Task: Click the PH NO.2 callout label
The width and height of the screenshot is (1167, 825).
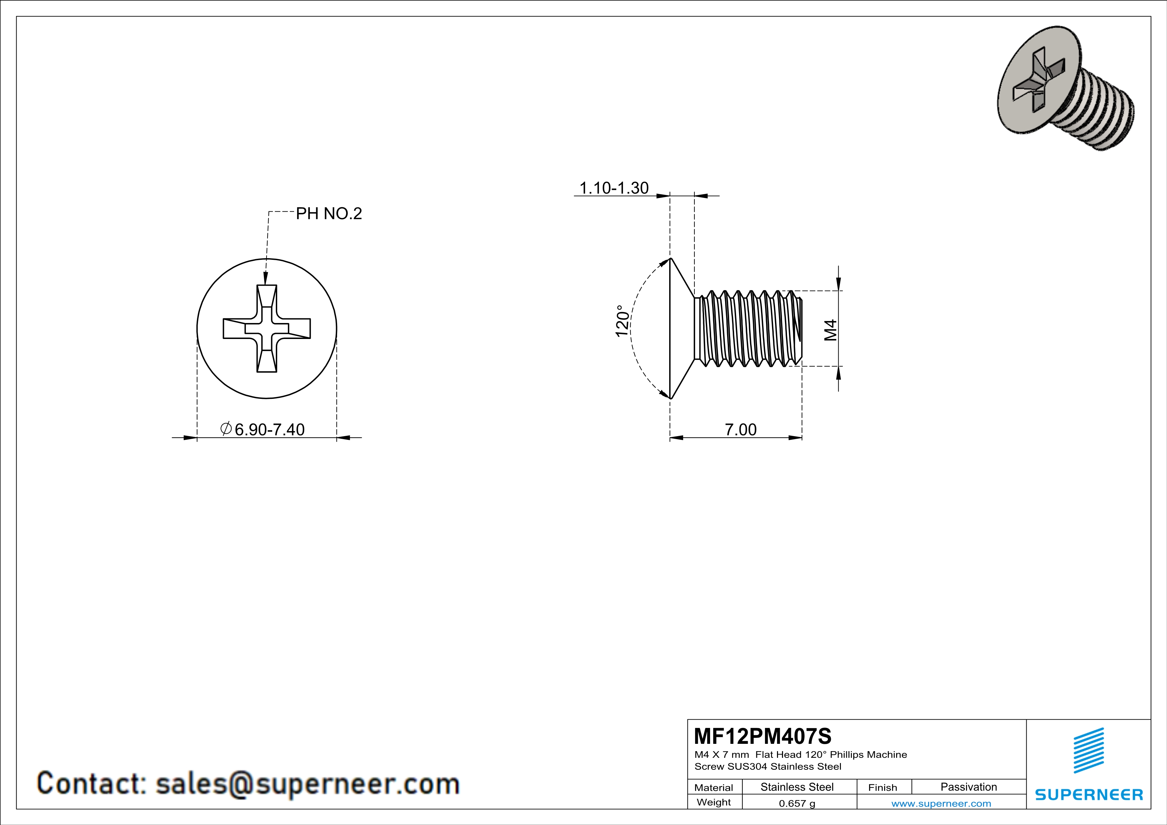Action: (329, 214)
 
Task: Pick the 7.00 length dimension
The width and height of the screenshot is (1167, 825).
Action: (740, 430)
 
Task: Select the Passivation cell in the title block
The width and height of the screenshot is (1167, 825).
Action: (968, 787)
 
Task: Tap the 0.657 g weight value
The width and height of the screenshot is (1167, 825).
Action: (797, 803)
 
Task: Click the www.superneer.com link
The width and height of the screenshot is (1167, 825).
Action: (941, 803)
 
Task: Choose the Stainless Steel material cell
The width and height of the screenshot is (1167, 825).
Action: (797, 787)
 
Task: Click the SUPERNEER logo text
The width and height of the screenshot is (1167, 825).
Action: (1089, 794)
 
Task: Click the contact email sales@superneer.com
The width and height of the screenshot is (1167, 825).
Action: (307, 783)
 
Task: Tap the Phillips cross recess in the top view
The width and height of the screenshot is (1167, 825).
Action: (267, 329)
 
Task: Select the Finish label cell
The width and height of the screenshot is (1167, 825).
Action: (882, 787)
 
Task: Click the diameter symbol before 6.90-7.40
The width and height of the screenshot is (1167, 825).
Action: (226, 429)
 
